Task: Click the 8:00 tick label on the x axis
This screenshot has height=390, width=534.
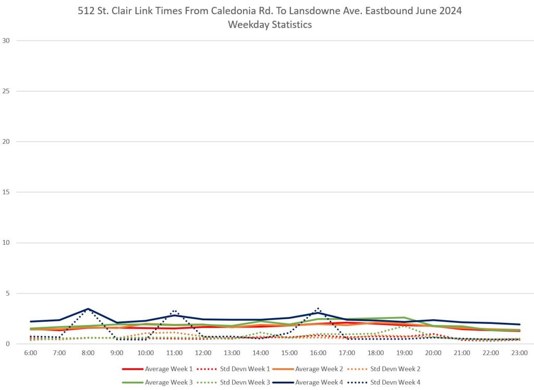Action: point(88,353)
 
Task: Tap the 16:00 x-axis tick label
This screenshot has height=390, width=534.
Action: point(318,353)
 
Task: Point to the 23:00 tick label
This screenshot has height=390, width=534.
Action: point(519,353)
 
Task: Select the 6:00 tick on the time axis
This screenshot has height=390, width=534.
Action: point(31,353)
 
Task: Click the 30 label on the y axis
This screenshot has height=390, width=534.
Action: point(6,41)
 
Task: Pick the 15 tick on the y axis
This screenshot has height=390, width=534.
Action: point(6,192)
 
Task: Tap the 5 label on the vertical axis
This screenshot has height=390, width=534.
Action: point(8,293)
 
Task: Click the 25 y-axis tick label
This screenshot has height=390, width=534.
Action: point(6,91)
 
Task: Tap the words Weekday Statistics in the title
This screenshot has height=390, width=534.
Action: point(270,24)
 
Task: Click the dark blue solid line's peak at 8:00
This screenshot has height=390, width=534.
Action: point(88,309)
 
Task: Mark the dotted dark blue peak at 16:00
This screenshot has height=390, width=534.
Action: point(318,308)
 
